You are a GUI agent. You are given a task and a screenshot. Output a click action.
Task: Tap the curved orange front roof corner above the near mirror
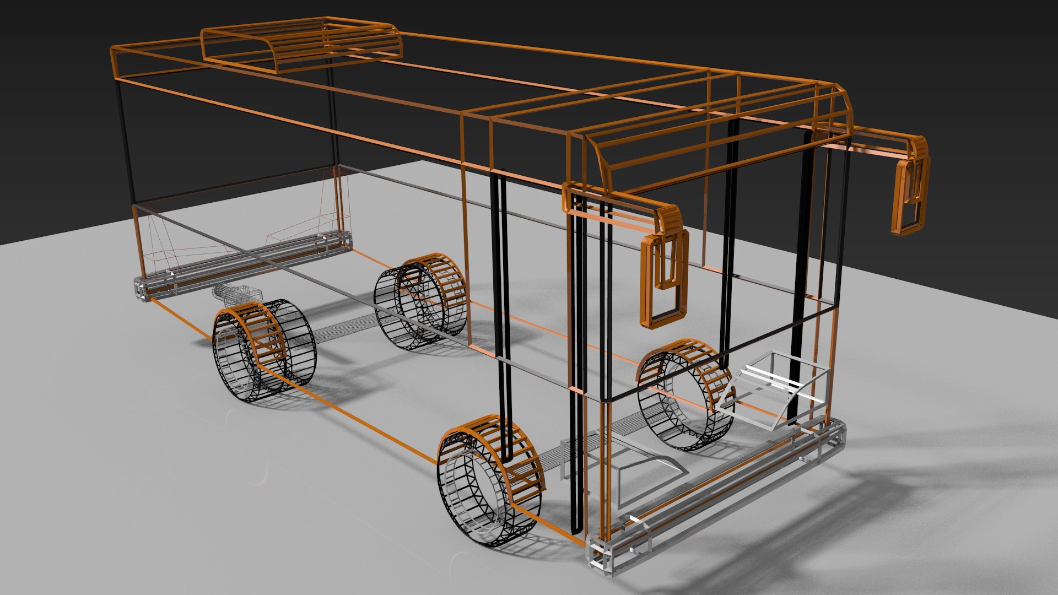598,160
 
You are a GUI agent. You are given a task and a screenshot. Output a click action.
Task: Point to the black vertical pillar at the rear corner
127,143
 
